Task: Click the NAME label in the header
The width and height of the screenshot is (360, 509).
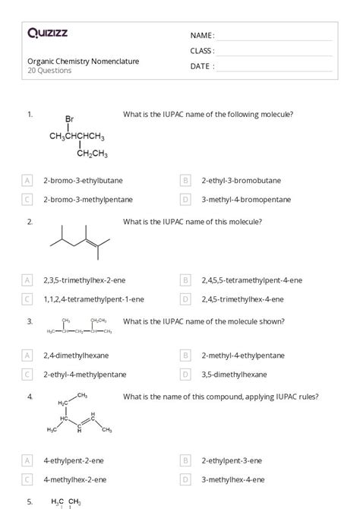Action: click(202, 36)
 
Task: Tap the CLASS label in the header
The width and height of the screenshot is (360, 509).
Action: click(202, 51)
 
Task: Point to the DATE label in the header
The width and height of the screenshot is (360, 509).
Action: click(202, 66)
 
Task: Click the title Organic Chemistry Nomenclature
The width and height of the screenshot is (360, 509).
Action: click(84, 61)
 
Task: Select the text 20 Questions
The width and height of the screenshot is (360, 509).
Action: click(50, 71)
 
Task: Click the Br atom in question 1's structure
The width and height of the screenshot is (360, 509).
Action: click(69, 119)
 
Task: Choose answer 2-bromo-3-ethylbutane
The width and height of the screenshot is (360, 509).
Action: click(83, 181)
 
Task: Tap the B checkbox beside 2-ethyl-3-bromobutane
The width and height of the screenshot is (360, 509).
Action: click(185, 181)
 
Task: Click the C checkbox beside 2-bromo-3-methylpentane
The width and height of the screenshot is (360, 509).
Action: click(27, 200)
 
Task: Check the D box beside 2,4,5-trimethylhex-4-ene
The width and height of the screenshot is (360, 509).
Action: click(185, 299)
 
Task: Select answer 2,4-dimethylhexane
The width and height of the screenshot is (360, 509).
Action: click(76, 355)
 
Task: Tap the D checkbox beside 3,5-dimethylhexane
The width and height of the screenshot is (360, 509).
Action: click(185, 374)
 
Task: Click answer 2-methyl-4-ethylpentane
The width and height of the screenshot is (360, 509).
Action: click(243, 355)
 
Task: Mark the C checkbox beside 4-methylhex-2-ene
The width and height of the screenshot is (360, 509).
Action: click(27, 479)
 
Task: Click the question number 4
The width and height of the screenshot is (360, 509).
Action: click(30, 397)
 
